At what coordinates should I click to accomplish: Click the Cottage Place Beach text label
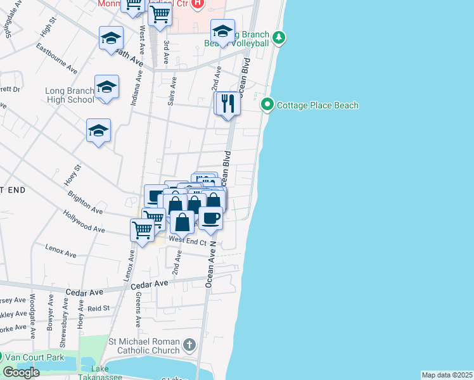coord(317,105)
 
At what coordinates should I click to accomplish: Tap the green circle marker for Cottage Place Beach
coord(267,104)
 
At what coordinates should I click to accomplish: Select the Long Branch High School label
coord(70,95)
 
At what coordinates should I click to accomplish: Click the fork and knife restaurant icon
coord(228,103)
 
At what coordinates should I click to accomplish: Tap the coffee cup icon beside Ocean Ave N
coord(210,218)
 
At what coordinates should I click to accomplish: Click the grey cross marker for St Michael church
coord(189,345)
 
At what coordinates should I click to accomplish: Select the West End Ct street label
coord(188,241)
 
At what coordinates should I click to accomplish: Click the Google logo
coord(21,372)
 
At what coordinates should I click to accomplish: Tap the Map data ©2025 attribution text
coord(447,375)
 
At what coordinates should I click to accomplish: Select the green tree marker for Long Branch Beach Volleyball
coord(279,38)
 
